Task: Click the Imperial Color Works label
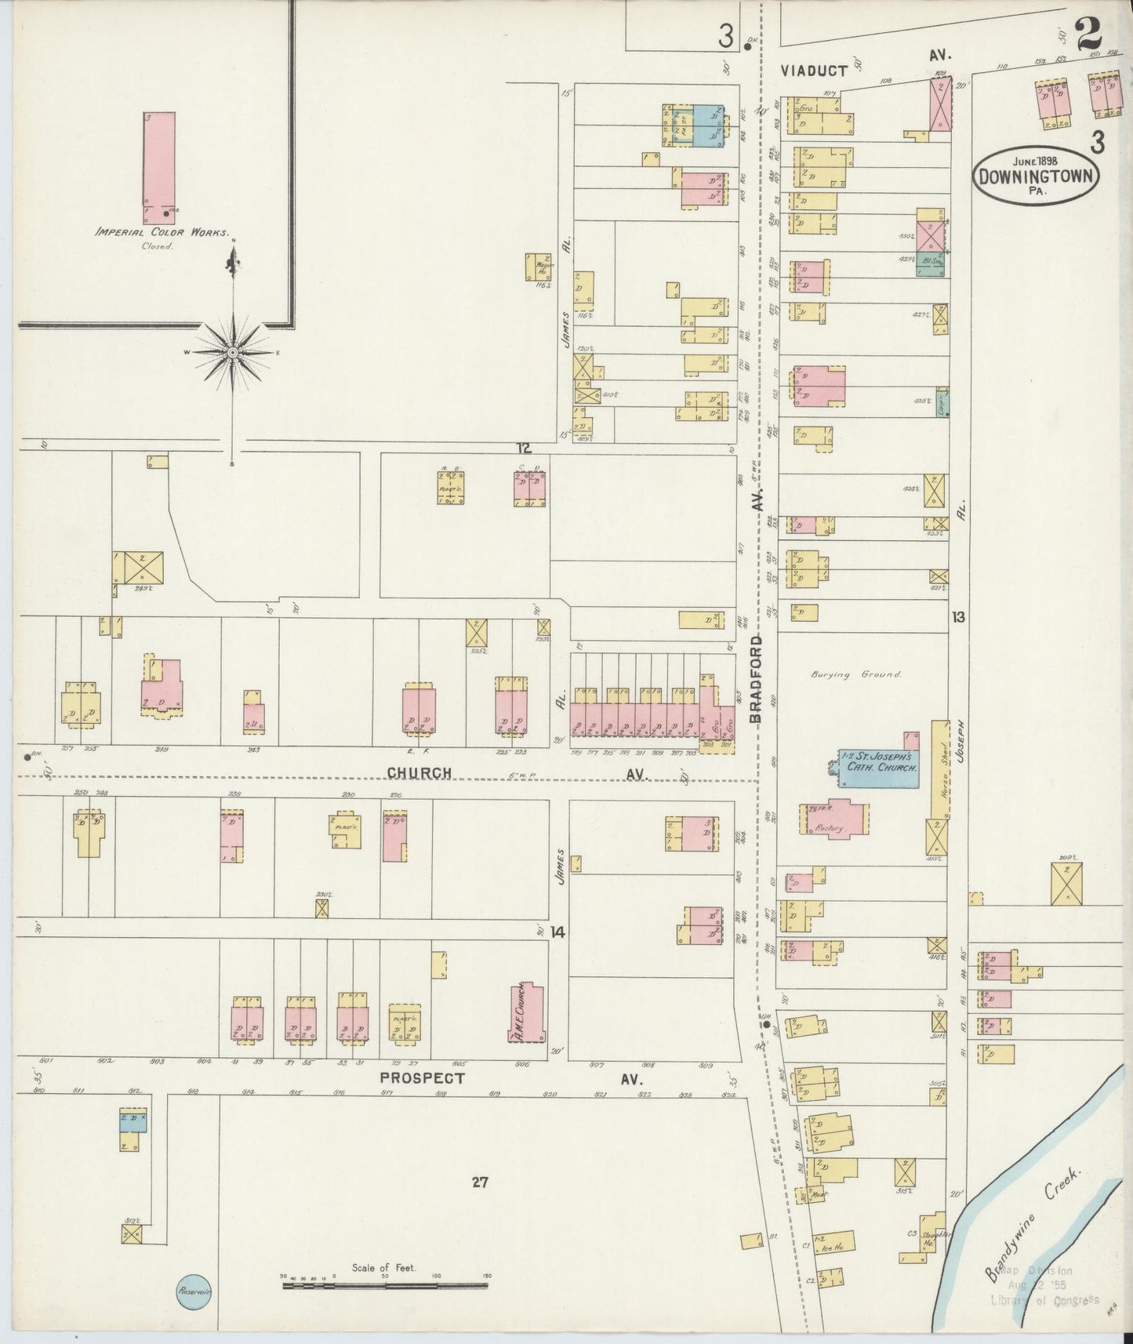point(162,233)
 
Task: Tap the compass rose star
point(233,353)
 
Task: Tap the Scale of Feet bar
point(384,1284)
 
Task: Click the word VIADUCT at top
point(814,71)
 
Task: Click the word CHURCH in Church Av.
point(419,773)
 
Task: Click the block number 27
point(480,1182)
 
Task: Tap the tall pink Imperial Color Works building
point(159,167)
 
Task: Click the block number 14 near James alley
point(557,932)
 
